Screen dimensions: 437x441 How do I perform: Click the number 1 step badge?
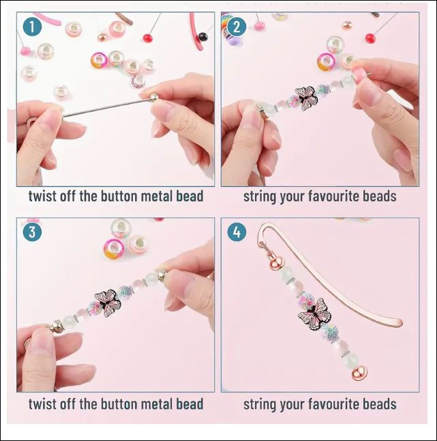32,27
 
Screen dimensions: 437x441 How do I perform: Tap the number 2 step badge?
237,27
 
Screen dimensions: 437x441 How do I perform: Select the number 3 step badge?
32,232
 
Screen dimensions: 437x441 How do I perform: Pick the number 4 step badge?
237,232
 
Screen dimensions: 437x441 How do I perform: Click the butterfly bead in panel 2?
306,98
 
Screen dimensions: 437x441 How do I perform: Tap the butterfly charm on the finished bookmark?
314,314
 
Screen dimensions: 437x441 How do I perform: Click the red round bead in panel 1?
147,38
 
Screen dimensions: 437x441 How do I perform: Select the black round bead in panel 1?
202,37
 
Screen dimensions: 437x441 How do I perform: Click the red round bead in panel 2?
370,38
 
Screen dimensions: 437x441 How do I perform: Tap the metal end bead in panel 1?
153,98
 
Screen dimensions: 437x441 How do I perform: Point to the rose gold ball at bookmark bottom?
359,373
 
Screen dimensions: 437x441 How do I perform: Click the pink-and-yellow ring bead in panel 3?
113,248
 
